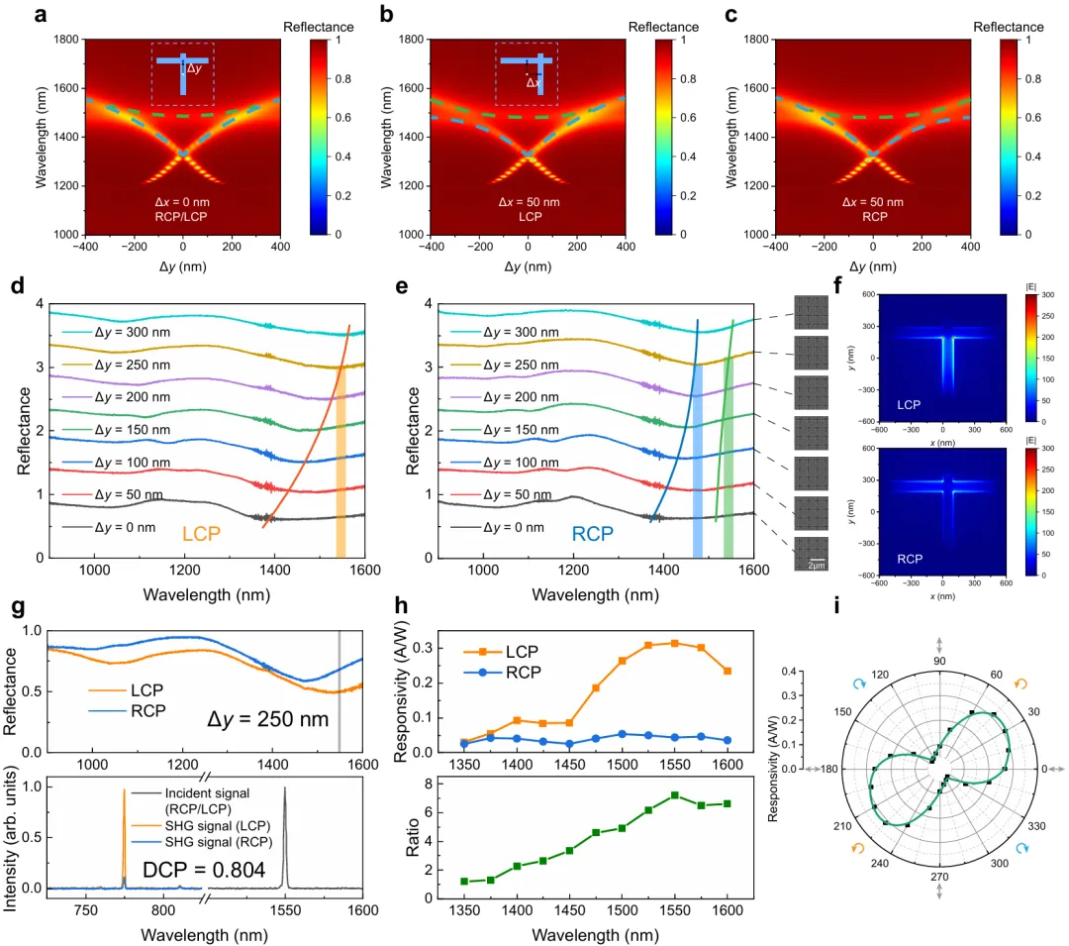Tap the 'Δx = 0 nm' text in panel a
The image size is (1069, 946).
[182, 202]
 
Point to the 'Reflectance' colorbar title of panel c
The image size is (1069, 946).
[1010, 27]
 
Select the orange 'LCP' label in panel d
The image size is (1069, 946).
[200, 534]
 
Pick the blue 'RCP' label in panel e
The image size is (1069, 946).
[593, 535]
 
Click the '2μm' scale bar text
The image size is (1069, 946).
[818, 564]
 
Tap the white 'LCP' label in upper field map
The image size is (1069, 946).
[909, 405]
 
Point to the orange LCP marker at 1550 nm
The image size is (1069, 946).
[675, 643]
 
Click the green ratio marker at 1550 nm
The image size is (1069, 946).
[675, 795]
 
